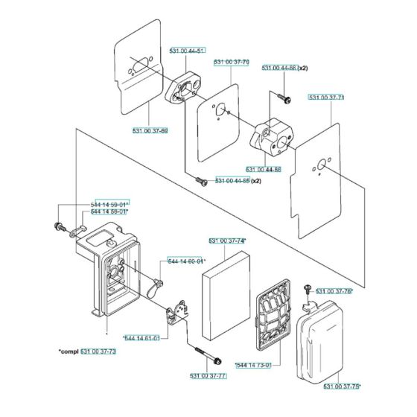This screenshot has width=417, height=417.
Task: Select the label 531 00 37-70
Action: (x=231, y=63)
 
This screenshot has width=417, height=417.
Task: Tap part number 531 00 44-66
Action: (x=279, y=69)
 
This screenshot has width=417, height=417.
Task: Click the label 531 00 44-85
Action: (x=233, y=181)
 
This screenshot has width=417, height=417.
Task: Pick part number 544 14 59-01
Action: (x=109, y=203)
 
